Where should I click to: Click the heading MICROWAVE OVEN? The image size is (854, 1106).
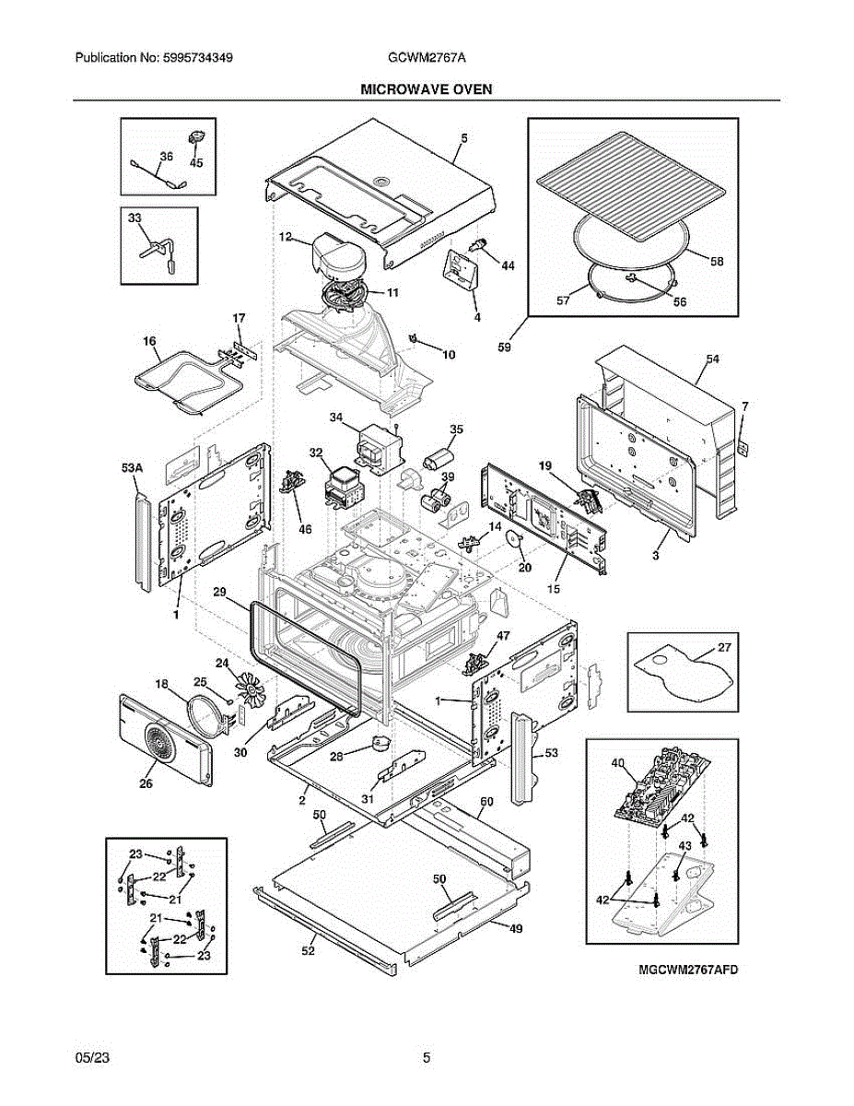[426, 89]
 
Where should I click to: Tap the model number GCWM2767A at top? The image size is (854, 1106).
[427, 57]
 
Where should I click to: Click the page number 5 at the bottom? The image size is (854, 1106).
[427, 1058]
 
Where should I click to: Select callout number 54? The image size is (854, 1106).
[712, 359]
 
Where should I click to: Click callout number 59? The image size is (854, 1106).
[504, 347]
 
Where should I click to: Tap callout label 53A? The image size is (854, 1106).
[133, 469]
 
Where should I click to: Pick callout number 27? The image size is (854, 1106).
[724, 647]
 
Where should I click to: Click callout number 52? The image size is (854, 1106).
[308, 950]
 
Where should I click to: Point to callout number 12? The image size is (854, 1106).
[287, 238]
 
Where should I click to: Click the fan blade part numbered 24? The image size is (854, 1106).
[250, 689]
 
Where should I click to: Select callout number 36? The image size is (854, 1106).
[166, 157]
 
